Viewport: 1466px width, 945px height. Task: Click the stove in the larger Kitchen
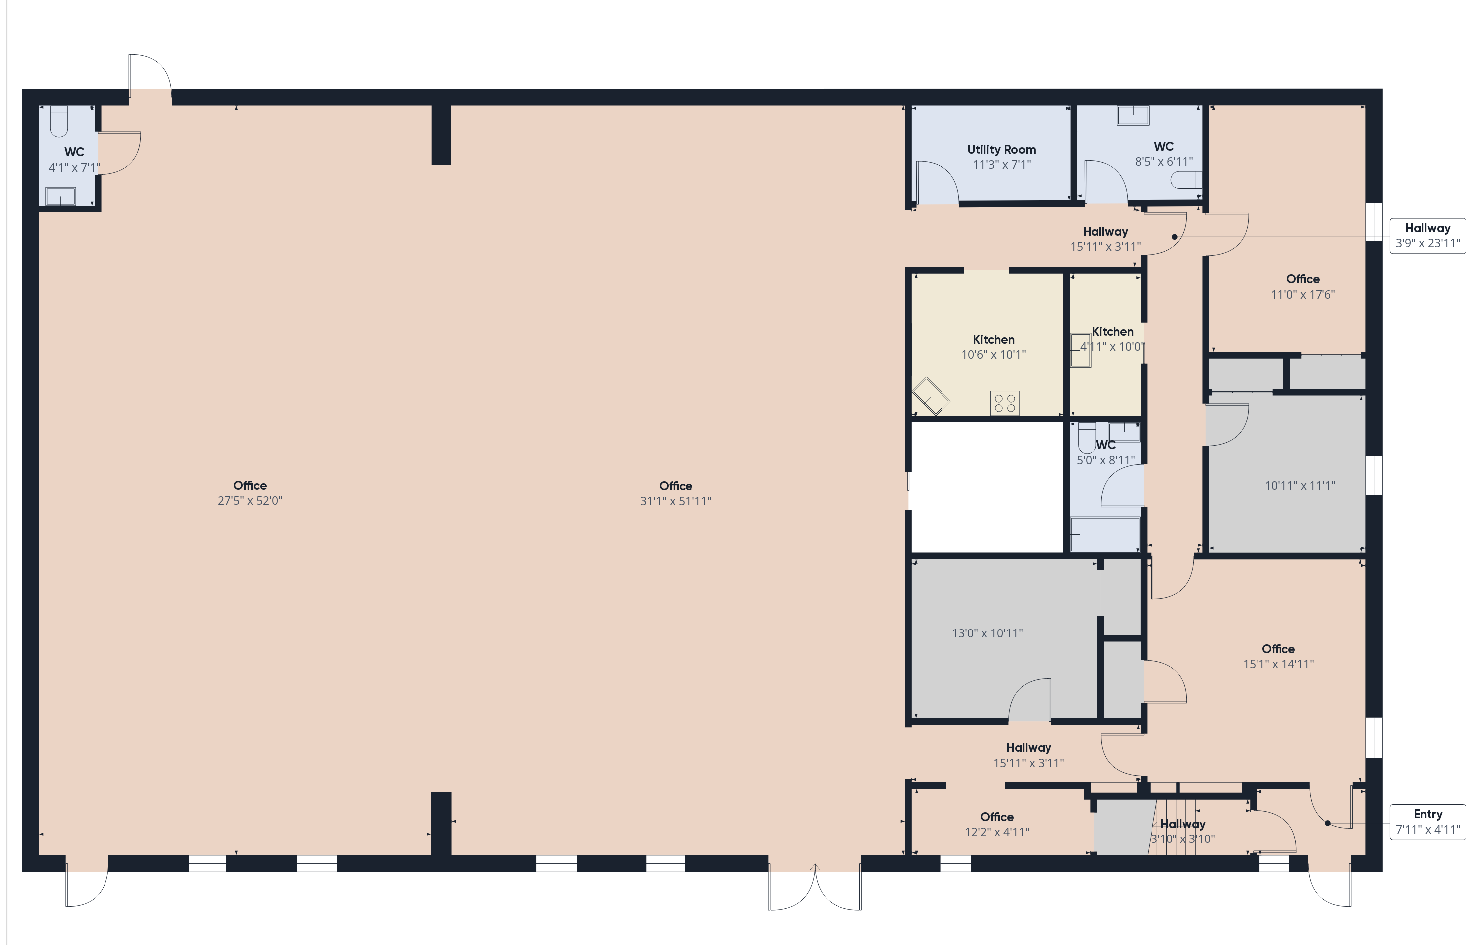click(1005, 403)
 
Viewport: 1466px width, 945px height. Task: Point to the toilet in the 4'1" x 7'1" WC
click(59, 121)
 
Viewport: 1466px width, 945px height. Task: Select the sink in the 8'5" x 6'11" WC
click(1133, 116)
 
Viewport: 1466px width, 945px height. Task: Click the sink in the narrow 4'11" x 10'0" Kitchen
click(1081, 350)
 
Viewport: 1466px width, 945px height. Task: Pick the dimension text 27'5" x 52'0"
click(250, 501)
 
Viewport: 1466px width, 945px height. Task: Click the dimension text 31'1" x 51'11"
click(676, 501)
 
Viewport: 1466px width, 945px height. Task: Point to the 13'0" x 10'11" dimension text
click(987, 634)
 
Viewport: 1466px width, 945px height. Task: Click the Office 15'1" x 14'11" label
click(1278, 656)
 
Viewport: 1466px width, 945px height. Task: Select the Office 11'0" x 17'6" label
click(1303, 287)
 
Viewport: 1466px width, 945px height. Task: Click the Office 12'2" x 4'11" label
click(997, 824)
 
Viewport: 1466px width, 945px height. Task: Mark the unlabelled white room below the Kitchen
click(987, 488)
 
